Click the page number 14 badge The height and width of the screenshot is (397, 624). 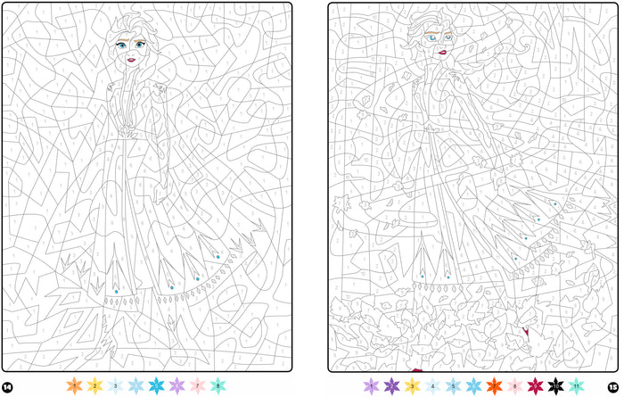click(x=7, y=387)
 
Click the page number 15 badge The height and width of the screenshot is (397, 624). click(x=613, y=387)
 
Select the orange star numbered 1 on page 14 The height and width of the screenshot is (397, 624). click(x=74, y=385)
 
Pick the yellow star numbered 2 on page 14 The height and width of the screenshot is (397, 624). click(x=94, y=385)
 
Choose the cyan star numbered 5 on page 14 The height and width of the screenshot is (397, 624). click(x=157, y=385)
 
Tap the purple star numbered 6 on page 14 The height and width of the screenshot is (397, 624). click(x=177, y=385)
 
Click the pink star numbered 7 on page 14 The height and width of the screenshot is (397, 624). click(x=198, y=385)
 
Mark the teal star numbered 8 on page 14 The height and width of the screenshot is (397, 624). click(x=218, y=385)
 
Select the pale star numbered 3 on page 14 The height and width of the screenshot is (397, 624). click(x=115, y=385)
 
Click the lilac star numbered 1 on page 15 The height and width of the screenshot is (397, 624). click(x=371, y=385)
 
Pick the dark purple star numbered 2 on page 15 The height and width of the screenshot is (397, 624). click(x=391, y=385)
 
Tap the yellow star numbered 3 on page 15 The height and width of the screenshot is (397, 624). click(x=412, y=385)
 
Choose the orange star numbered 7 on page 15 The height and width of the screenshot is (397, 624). click(x=494, y=385)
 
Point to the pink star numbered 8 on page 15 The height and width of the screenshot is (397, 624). click(x=514, y=385)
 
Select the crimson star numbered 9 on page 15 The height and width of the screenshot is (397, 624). click(x=535, y=385)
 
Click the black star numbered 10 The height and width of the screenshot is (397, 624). click(x=555, y=385)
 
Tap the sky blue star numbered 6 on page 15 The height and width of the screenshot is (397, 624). click(x=473, y=385)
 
